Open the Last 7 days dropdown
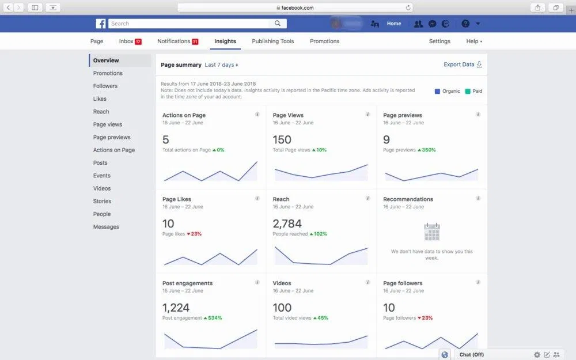pos(221,65)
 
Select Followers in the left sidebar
pos(105,86)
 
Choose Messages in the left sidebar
pos(106,227)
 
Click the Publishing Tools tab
pos(272,41)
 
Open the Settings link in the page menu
pos(439,41)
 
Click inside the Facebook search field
pos(190,24)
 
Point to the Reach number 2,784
pos(287,223)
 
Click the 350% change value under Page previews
pos(426,150)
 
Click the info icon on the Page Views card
pos(367,115)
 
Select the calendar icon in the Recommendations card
pos(431,232)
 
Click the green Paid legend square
pos(468,91)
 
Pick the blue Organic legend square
pos(437,91)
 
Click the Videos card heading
pos(282,283)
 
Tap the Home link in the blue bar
pos(394,24)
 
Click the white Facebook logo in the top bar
pos(101,24)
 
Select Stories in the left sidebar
pos(102,201)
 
